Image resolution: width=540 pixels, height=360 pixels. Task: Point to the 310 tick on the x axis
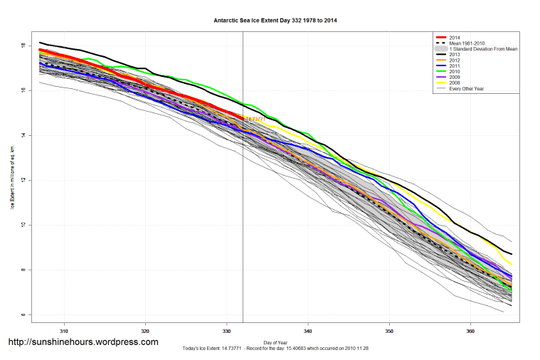click(64, 331)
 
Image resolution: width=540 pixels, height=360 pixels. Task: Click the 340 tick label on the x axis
click(308, 331)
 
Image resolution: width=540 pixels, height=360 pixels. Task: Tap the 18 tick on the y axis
click(23, 46)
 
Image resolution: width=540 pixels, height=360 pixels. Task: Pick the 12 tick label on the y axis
click(23, 180)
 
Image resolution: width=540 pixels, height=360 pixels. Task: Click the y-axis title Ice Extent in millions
click(12, 177)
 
